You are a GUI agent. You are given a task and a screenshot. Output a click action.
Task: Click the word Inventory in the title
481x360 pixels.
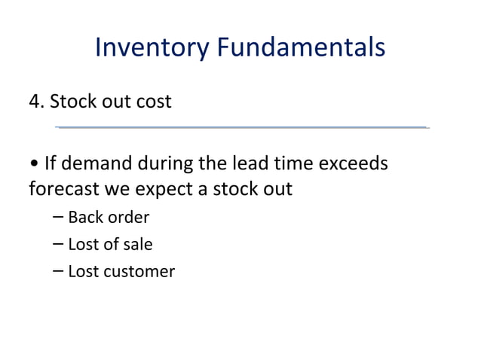(152, 48)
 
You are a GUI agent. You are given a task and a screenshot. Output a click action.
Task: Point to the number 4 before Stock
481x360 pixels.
(35, 100)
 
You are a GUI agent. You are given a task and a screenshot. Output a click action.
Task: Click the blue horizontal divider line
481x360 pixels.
(241, 127)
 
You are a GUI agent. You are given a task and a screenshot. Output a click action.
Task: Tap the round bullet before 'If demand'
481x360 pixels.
(34, 163)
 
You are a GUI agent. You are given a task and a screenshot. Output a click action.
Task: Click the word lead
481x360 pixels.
(234, 163)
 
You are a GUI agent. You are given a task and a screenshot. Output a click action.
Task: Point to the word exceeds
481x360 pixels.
(351, 163)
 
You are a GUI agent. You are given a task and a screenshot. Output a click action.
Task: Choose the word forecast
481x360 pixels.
(63, 188)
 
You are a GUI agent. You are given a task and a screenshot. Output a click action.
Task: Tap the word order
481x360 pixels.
(127, 218)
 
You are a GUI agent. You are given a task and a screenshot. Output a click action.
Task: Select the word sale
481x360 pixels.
(136, 244)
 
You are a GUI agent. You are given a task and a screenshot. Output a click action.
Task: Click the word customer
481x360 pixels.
(139, 271)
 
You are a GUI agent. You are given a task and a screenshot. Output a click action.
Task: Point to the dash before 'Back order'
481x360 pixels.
(59, 218)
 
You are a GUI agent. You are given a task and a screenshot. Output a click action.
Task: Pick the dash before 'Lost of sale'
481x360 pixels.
(59, 244)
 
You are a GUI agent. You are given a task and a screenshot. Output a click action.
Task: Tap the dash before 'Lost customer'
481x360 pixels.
(59, 271)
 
